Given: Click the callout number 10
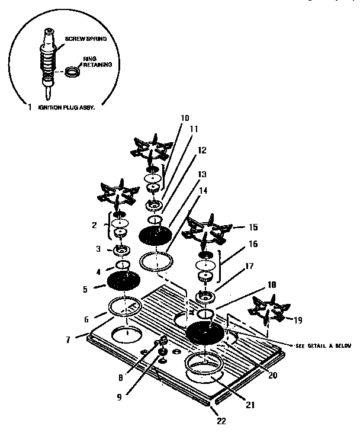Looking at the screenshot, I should [185, 118].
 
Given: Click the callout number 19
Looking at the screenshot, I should [297, 319].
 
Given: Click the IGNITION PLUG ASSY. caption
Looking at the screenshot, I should [66, 108].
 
